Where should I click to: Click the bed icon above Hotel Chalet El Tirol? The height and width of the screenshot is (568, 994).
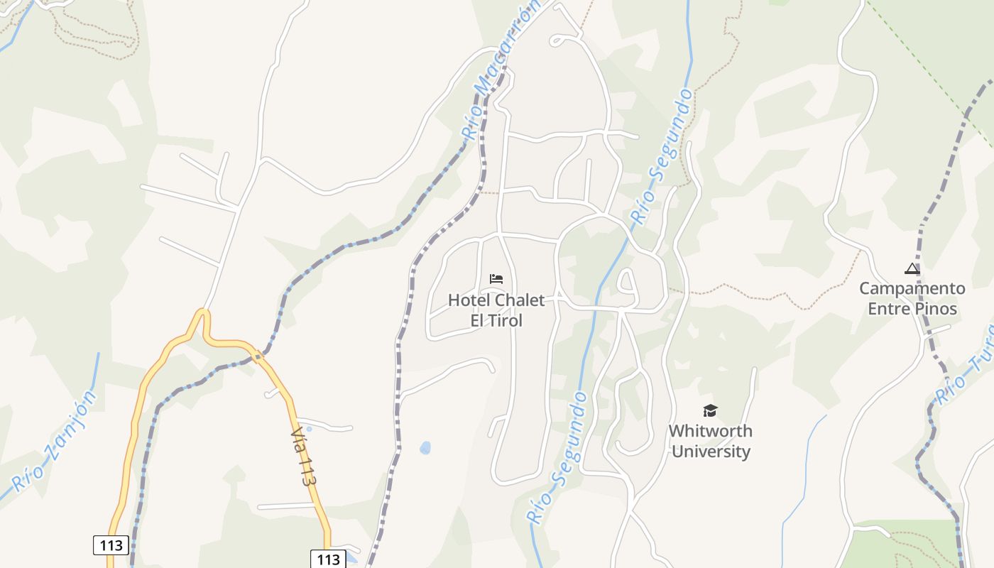[x=496, y=278]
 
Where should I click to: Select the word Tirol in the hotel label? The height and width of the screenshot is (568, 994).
[x=506, y=321]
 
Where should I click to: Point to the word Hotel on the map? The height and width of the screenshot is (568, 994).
[x=469, y=300]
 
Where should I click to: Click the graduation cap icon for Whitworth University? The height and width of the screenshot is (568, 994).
[x=710, y=410]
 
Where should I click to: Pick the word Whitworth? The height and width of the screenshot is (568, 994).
[x=710, y=431]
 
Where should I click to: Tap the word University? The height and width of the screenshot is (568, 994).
[x=711, y=452]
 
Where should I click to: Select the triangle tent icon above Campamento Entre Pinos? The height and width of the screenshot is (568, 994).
[x=912, y=268]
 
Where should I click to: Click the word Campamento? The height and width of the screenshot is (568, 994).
[x=912, y=289]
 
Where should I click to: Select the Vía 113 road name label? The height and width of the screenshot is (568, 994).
[x=303, y=457]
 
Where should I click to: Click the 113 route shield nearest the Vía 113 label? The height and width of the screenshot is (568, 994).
[x=328, y=559]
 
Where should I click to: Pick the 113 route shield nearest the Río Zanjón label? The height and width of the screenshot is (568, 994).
[x=111, y=545]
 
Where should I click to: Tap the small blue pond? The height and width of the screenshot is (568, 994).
[x=425, y=448]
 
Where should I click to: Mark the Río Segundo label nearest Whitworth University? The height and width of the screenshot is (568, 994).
[x=557, y=459]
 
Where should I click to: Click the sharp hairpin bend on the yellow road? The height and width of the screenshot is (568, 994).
[x=204, y=314]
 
